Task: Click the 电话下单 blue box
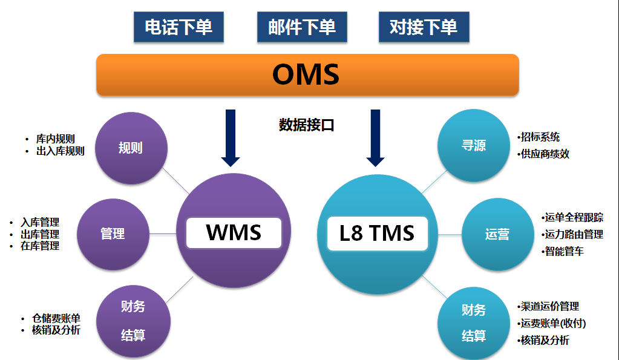click(178, 27)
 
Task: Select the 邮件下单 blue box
click(302, 27)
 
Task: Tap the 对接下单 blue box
click(424, 27)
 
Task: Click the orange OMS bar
click(307, 75)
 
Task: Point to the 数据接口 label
click(307, 125)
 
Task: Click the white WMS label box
click(234, 233)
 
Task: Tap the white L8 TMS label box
click(377, 233)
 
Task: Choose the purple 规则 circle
click(131, 148)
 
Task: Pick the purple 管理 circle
click(113, 234)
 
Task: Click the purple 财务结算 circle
click(133, 321)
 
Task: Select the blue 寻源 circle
click(473, 146)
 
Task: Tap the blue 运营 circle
click(497, 234)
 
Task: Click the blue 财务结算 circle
click(474, 322)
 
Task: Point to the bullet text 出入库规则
click(60, 151)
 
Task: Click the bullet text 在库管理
click(40, 246)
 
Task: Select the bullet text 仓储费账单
click(56, 319)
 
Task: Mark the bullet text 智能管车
click(564, 251)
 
